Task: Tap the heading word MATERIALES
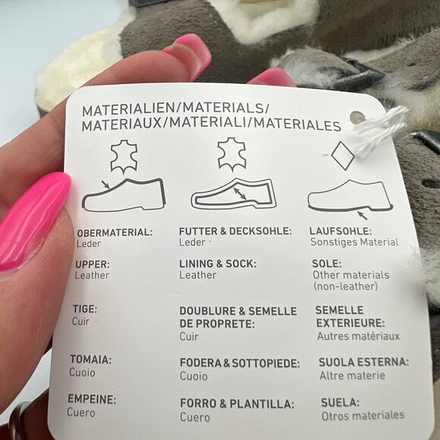[x=297, y=125]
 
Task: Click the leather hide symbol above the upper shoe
[x=124, y=156]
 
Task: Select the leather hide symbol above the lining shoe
[x=232, y=155]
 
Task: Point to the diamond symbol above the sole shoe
[x=343, y=156]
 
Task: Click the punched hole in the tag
[x=357, y=118]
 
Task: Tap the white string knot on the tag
[x=378, y=129]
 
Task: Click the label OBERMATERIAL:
[x=115, y=233]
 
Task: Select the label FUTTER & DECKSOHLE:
[x=235, y=231]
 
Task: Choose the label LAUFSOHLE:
[x=341, y=231]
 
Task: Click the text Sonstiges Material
[x=354, y=242]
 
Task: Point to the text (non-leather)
[x=345, y=286]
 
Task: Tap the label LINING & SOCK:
[x=218, y=264]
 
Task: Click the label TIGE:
[x=85, y=309]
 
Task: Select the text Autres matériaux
[x=358, y=336]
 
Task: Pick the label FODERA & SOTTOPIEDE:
[x=240, y=363]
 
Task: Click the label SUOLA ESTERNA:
[x=364, y=362]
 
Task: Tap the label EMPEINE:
[x=92, y=399]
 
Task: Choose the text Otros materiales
[x=363, y=416]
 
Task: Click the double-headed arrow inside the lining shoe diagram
[x=240, y=193]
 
